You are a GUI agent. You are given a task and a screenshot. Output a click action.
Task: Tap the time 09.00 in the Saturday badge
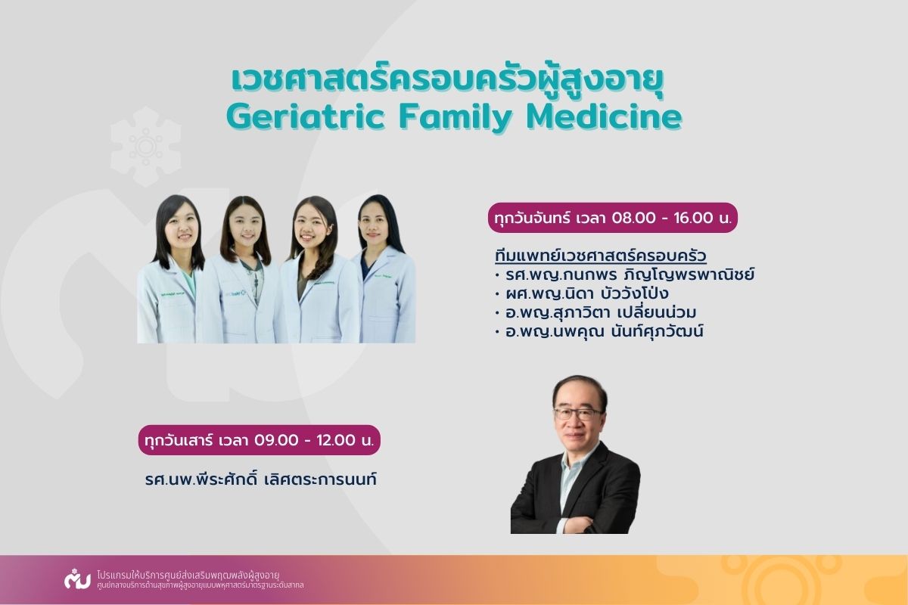276,440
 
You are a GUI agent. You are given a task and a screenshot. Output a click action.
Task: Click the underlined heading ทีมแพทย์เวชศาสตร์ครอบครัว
601,256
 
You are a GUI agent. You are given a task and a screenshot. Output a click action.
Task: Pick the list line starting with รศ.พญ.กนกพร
625,275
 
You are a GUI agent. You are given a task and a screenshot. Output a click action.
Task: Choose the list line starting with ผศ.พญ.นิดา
582,293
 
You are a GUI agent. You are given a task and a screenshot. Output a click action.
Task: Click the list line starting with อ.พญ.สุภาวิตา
595,312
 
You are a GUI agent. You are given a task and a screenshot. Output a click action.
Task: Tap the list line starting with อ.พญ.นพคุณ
599,331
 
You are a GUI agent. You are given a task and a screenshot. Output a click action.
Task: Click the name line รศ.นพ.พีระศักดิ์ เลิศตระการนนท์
261,479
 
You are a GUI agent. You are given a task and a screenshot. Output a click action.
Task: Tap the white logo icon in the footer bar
77,579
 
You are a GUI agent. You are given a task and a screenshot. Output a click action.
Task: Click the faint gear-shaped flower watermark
146,147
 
